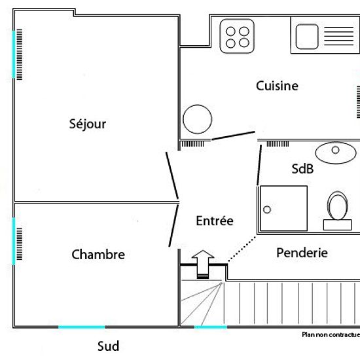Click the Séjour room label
88,124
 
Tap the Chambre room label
98,255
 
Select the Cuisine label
277,86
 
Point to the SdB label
302,169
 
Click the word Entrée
215,221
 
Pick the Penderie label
302,253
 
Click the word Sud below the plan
109,346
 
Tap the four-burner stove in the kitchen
237,36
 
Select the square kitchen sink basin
307,37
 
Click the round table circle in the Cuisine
197,119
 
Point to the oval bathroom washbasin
336,153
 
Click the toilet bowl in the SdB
338,206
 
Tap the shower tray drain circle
267,209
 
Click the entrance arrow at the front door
203,264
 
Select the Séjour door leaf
172,175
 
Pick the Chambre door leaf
173,226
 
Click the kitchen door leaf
233,135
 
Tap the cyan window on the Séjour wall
14,54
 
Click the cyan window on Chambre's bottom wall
82,327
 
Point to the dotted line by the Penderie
242,249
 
